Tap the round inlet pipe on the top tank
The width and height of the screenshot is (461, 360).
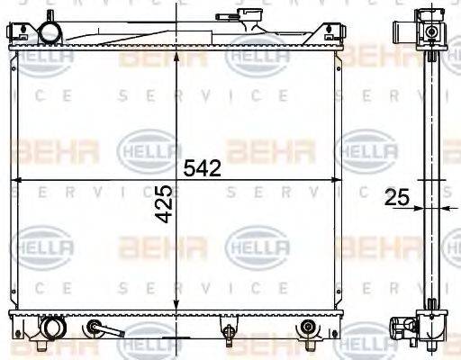pyautogui.click(x=51, y=32)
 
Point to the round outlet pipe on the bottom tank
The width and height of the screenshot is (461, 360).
pyautogui.click(x=52, y=327)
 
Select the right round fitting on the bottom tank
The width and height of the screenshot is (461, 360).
pyautogui.click(x=309, y=328)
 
